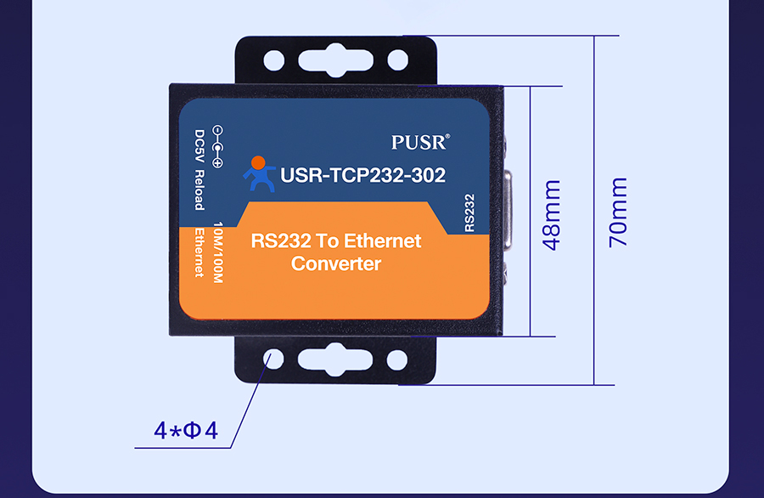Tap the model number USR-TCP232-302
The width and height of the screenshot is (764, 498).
point(362,175)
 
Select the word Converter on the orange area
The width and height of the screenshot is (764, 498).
point(336,263)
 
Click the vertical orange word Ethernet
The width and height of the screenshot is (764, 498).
point(199,252)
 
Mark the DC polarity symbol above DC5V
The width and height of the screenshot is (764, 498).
point(217,144)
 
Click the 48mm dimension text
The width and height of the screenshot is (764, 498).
point(552,214)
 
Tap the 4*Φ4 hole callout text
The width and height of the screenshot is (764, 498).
point(186,431)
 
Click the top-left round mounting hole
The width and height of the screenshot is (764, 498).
point(273,60)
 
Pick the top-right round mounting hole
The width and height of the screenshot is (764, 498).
point(397,60)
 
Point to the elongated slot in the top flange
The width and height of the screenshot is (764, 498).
point(335,60)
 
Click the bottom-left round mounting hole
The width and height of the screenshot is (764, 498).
point(273,359)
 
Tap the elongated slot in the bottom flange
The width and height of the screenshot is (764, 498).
point(335,359)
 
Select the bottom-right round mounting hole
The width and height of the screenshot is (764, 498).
point(397,359)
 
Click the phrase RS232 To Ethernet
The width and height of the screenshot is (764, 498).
point(336,241)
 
